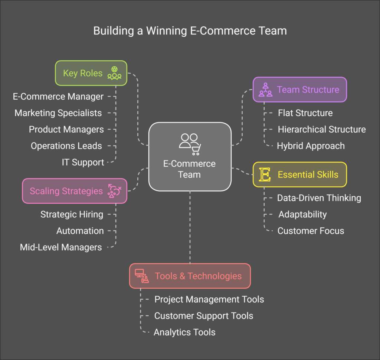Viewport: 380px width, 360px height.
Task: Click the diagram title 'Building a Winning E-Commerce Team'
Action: click(190, 30)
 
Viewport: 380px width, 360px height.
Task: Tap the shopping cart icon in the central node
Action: click(195, 150)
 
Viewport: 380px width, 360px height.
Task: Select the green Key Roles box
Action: click(91, 73)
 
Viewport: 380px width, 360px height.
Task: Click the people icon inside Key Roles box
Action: click(114, 73)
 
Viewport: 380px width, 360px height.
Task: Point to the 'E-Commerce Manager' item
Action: click(58, 97)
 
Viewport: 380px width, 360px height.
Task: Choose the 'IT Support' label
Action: click(83, 162)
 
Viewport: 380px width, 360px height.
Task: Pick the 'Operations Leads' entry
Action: click(66, 146)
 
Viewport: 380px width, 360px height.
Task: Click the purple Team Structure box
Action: click(299, 90)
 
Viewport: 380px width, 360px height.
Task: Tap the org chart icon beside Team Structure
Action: click(265, 90)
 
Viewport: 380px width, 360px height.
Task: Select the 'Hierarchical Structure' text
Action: click(322, 129)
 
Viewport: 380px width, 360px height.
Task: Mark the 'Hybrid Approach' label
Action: click(311, 146)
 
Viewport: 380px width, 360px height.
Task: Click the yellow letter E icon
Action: click(265, 174)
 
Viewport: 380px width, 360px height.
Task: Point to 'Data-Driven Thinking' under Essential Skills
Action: click(319, 198)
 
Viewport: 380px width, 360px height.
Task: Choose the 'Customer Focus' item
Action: click(311, 231)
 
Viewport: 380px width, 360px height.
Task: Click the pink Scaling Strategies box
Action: click(75, 191)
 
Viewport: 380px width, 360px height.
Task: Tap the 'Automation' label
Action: click(80, 231)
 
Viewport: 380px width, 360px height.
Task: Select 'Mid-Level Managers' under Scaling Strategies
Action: click(61, 247)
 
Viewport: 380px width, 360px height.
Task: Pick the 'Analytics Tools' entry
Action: click(184, 332)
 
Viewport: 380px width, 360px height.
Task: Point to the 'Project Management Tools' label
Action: click(209, 299)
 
